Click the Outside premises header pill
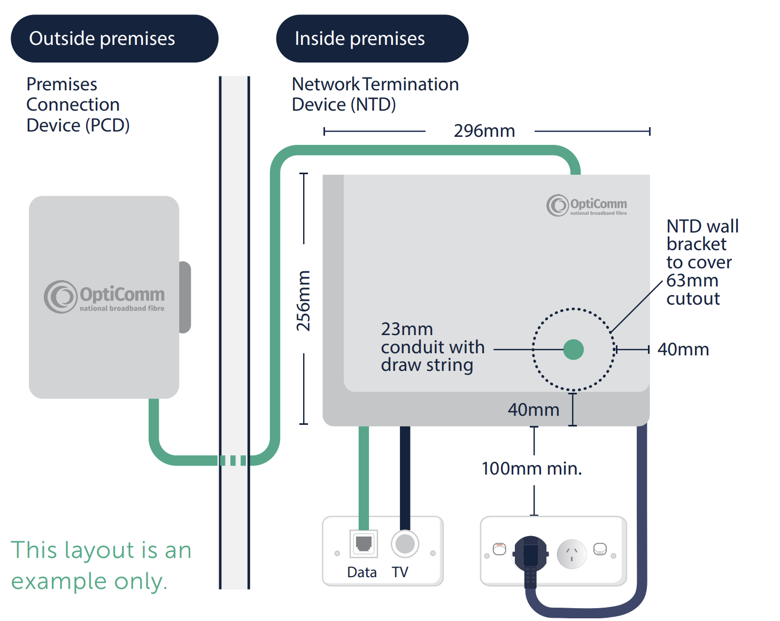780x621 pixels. point(114,38)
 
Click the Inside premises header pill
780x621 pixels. point(372,38)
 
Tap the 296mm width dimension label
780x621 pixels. point(484,131)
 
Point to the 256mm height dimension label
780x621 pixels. point(304,300)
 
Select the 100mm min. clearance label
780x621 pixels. point(531,469)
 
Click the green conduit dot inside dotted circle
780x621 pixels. point(573,350)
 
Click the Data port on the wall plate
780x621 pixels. point(364,544)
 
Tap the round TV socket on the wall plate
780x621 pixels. point(405,544)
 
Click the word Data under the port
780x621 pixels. point(362,572)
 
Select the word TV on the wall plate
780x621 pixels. point(400,572)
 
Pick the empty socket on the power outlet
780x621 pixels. point(572,554)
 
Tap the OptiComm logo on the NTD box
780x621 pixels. point(586,206)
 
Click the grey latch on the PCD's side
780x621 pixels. point(185,297)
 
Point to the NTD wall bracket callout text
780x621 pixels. point(701,262)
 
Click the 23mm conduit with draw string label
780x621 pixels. point(432,347)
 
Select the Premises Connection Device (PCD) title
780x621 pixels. point(78,105)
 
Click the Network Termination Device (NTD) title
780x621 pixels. point(375,95)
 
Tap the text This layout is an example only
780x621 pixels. point(101,565)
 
